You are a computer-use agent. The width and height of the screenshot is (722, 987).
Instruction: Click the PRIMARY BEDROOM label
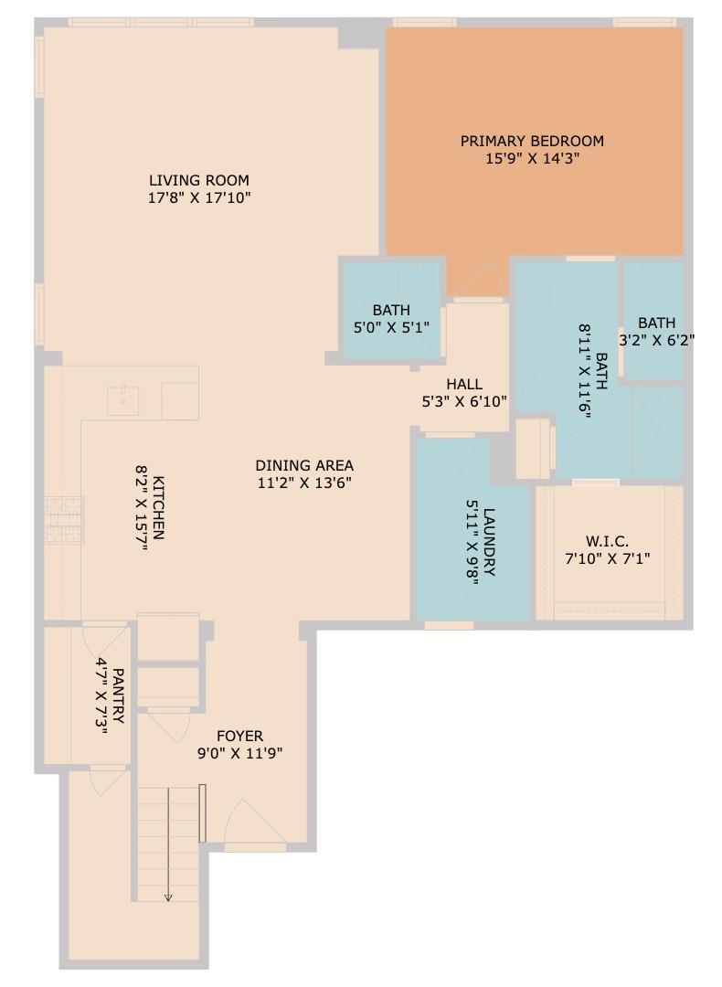click(532, 141)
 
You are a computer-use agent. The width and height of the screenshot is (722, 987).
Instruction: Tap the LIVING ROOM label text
click(199, 180)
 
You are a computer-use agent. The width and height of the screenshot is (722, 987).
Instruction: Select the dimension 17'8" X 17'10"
click(199, 197)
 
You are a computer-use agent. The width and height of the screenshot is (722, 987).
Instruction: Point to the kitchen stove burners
click(64, 518)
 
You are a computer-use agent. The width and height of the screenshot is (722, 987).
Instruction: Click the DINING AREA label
click(304, 465)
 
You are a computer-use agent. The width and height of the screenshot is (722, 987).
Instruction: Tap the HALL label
click(464, 384)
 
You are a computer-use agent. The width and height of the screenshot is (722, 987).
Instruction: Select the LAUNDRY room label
click(489, 542)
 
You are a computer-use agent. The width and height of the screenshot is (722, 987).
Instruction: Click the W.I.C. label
click(607, 541)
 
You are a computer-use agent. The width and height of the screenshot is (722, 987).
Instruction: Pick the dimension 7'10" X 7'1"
click(607, 558)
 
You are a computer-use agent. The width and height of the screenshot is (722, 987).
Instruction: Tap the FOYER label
click(239, 736)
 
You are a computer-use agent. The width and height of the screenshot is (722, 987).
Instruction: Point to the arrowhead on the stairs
click(168, 897)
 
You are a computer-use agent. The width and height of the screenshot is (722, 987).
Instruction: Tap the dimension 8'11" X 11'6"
click(585, 370)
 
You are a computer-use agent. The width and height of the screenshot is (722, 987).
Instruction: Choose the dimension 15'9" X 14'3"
click(532, 158)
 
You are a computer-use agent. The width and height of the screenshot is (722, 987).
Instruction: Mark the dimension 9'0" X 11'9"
click(239, 754)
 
